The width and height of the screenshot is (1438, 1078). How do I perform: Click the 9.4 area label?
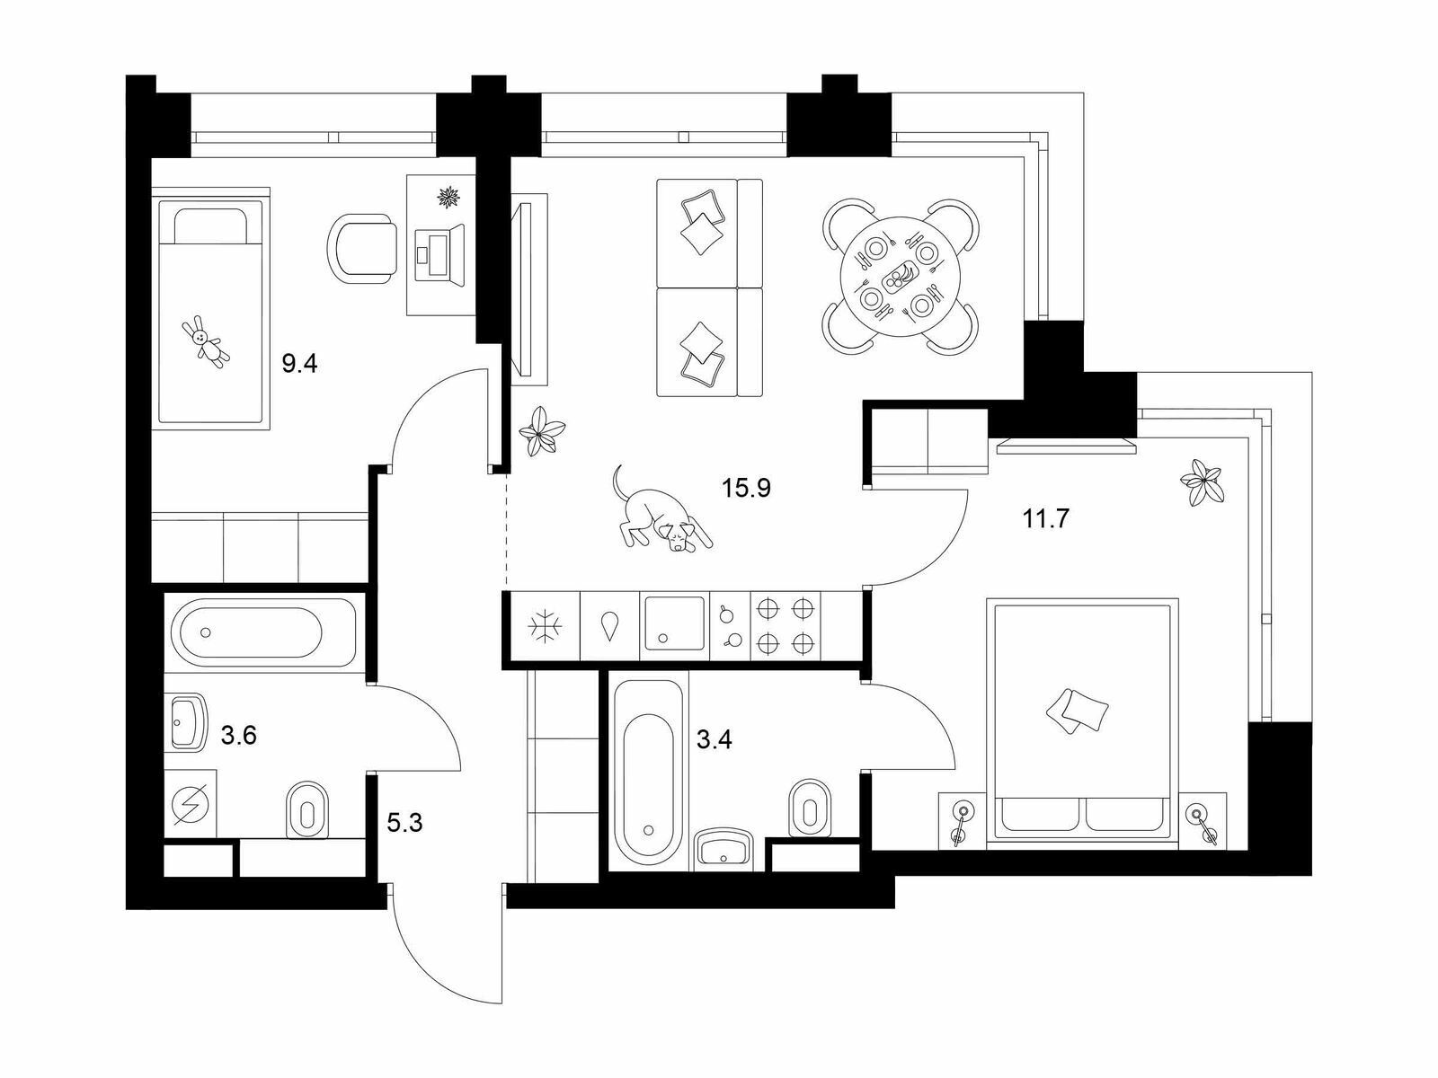(x=299, y=362)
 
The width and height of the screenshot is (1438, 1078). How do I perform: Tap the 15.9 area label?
(x=746, y=488)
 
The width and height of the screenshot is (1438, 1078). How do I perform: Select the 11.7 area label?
(x=1045, y=519)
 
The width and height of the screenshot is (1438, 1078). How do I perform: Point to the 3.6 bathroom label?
(x=238, y=736)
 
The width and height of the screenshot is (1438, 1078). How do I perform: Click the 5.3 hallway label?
(x=404, y=822)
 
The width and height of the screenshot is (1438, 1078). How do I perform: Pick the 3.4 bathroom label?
(x=715, y=739)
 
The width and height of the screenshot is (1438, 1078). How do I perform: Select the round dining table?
(x=901, y=277)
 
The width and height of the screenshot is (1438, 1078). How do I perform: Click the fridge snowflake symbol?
(x=545, y=626)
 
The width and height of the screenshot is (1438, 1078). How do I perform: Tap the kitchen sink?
(x=675, y=623)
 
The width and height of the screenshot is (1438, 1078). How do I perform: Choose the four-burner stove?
(x=785, y=626)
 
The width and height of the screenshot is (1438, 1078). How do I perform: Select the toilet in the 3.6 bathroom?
(x=307, y=809)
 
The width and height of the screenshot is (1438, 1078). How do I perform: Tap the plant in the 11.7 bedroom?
(x=1203, y=482)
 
